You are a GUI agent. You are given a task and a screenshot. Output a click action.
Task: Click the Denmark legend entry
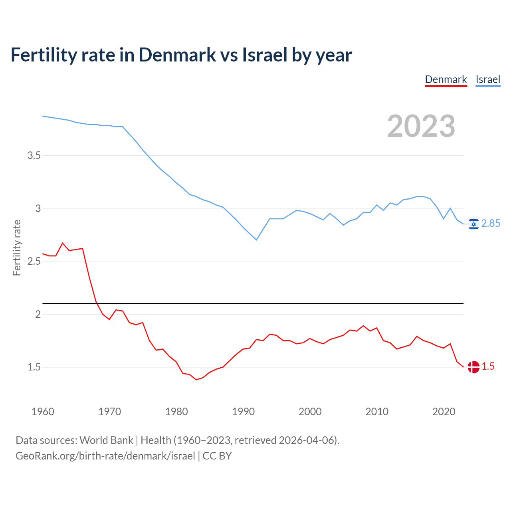pyautogui.click(x=446, y=80)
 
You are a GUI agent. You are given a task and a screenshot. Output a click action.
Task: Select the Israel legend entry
pyautogui.click(x=488, y=80)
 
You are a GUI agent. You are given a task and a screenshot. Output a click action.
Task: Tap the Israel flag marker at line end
pyautogui.click(x=473, y=224)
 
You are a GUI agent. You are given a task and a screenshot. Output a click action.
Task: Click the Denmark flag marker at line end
pyautogui.click(x=473, y=367)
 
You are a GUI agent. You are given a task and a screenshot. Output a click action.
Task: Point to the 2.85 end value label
pyautogui.click(x=491, y=224)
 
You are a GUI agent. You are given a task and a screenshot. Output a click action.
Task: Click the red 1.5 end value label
pyautogui.click(x=488, y=366)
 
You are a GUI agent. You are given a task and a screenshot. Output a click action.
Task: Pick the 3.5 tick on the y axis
pyautogui.click(x=34, y=155)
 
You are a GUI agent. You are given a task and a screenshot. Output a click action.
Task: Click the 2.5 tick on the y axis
pyautogui.click(x=34, y=261)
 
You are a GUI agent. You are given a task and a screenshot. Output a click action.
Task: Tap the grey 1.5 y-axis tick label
pyautogui.click(x=34, y=367)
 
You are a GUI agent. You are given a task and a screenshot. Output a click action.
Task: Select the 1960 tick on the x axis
pyautogui.click(x=43, y=412)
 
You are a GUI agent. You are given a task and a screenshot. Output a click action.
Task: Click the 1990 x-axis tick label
pyautogui.click(x=243, y=412)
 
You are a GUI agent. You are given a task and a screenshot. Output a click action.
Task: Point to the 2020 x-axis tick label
pyautogui.click(x=444, y=412)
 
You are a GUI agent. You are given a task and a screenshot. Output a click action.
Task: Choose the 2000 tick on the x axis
pyautogui.click(x=310, y=412)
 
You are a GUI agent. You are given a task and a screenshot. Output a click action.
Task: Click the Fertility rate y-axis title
pyautogui.click(x=17, y=248)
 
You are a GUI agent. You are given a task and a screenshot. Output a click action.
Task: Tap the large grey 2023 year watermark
pyautogui.click(x=421, y=126)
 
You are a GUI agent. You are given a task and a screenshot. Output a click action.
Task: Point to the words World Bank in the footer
pyautogui.click(x=106, y=440)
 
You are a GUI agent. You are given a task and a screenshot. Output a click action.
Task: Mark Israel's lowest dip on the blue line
pyautogui.click(x=256, y=240)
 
